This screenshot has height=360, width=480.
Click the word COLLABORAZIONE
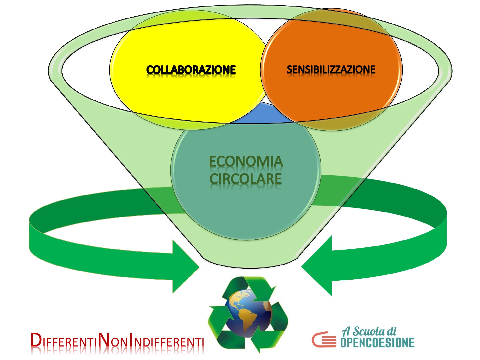point(191,70)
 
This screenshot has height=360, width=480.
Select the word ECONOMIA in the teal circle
point(246,162)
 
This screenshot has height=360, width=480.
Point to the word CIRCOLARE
point(246,179)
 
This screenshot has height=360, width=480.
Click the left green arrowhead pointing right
point(185,267)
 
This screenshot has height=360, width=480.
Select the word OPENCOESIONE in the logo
point(377,342)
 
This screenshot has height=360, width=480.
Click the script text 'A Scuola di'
point(369,331)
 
